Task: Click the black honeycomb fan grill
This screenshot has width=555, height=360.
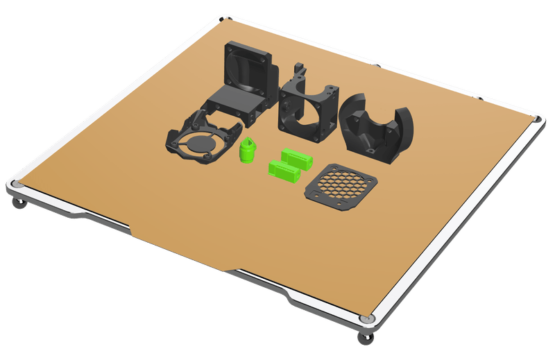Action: [340, 186]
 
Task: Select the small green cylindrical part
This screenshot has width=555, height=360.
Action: [247, 151]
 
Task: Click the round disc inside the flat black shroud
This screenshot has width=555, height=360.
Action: [199, 144]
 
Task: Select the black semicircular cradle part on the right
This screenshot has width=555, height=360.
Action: [378, 128]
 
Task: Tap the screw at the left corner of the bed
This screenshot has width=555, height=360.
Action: [16, 185]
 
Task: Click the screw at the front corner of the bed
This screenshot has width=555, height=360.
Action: [366, 318]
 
